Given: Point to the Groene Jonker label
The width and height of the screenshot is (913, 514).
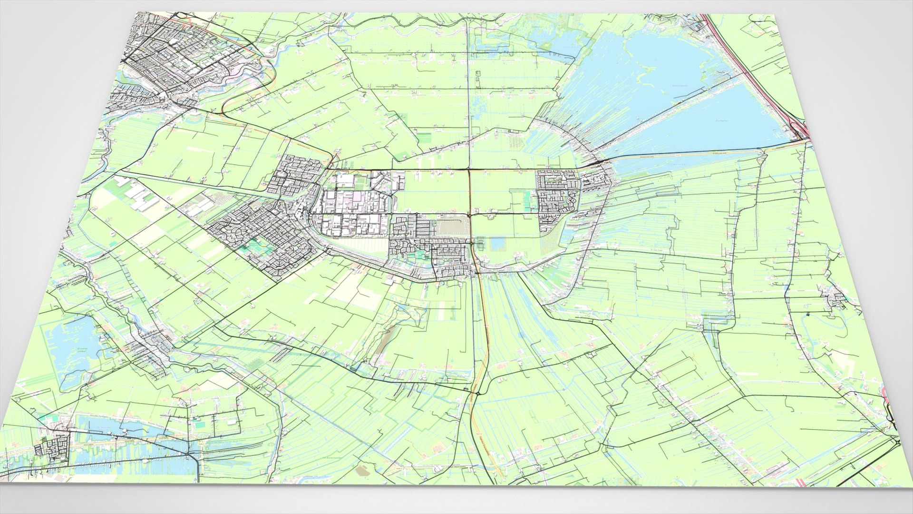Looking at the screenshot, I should (84, 350).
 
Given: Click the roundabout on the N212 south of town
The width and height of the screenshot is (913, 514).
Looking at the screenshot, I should (477, 393).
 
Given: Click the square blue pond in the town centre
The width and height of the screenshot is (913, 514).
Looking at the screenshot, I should (498, 244).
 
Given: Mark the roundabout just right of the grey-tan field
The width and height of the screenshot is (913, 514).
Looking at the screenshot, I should (470, 216).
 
